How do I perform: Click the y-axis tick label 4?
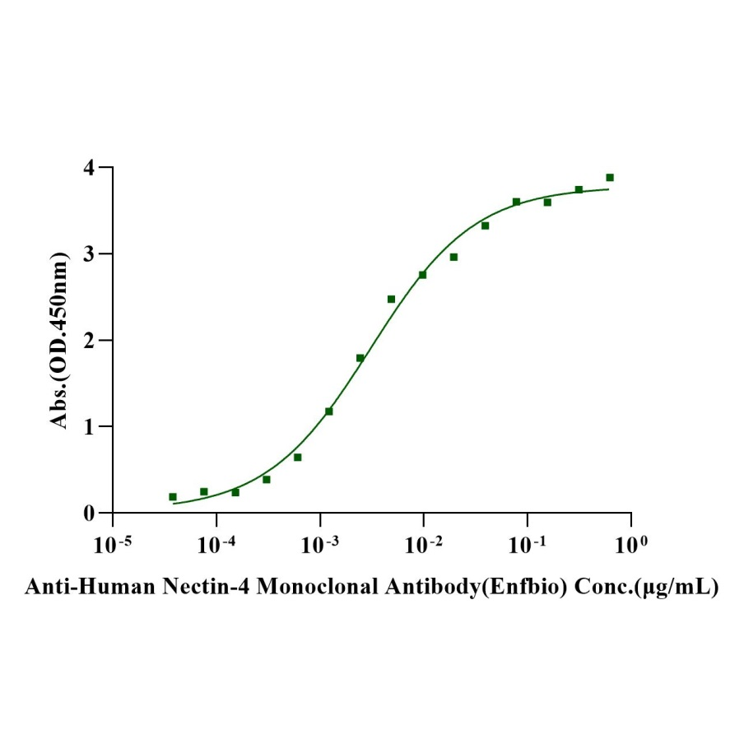click(x=96, y=168)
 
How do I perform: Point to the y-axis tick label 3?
click(x=96, y=254)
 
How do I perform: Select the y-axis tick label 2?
click(x=96, y=341)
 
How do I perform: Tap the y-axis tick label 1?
click(x=96, y=427)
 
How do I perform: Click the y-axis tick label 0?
click(x=96, y=514)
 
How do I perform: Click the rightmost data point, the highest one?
click(x=610, y=178)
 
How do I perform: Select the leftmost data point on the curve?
click(x=173, y=497)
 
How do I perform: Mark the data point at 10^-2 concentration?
click(x=422, y=275)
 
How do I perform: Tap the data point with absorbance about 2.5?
click(x=391, y=299)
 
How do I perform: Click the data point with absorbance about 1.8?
click(x=360, y=358)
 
